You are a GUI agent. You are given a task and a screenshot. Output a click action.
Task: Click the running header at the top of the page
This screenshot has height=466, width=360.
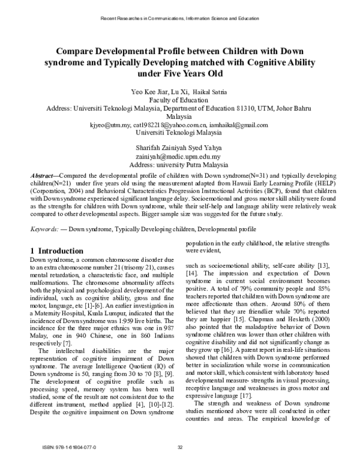click(179, 18)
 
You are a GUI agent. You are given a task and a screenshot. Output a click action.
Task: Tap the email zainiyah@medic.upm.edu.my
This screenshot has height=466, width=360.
click(179, 157)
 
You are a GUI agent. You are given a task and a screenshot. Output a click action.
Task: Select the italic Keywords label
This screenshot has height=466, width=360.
click(45, 229)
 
